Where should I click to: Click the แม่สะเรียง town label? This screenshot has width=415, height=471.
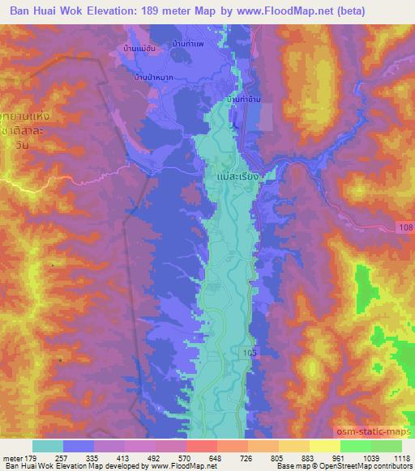pos(238,173)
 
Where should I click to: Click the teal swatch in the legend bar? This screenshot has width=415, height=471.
pos(48,446)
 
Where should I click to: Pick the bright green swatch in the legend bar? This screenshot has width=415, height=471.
pos(355,446)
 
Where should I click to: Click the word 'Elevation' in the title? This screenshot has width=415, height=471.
pos(110,11)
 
